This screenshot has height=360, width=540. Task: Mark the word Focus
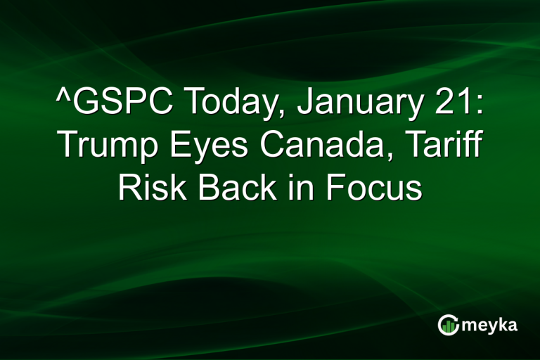(372, 188)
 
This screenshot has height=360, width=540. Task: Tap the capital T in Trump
(67, 146)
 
